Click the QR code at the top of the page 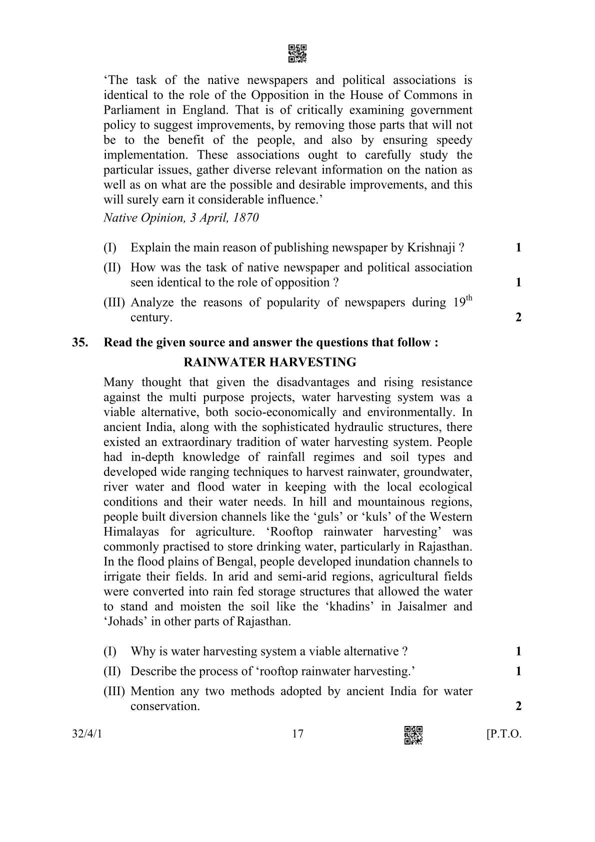click(x=297, y=53)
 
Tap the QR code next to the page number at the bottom click(x=413, y=734)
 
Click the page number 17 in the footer click(x=297, y=733)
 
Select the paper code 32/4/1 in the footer click(x=90, y=733)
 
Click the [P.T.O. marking click(x=503, y=734)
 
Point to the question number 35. click(x=80, y=342)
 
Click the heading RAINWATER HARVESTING click(x=270, y=362)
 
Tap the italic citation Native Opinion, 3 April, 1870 click(x=181, y=217)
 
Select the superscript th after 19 click(x=468, y=298)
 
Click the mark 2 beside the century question click(x=518, y=317)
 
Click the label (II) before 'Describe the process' click(x=112, y=671)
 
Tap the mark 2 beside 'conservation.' click(x=518, y=706)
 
